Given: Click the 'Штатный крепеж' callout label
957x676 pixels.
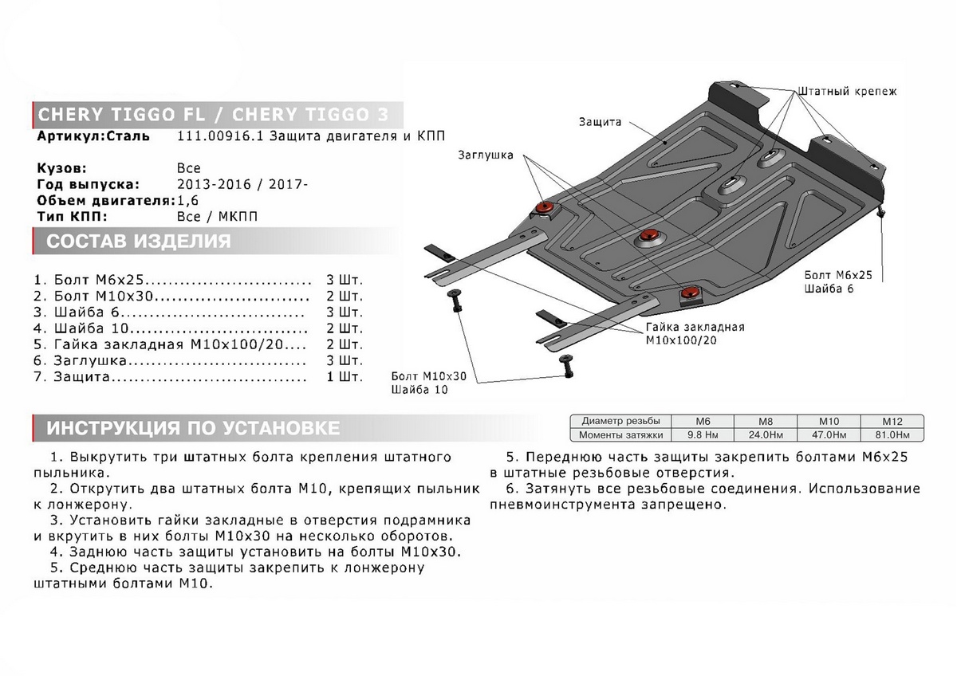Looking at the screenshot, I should [847, 92].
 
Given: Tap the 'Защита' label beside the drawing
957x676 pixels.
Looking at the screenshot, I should [601, 123].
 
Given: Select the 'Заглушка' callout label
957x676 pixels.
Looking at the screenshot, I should [486, 155].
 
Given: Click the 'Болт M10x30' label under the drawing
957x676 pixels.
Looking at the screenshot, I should [428, 376].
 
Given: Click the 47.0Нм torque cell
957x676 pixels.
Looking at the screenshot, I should [828, 434].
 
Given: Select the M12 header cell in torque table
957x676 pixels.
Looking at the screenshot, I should [892, 421].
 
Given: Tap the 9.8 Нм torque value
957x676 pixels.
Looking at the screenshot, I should [703, 434].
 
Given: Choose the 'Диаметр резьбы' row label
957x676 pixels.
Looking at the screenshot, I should [620, 421].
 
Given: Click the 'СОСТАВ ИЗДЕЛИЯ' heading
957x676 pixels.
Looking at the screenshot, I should [139, 242].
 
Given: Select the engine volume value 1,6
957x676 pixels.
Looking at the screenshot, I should [188, 200].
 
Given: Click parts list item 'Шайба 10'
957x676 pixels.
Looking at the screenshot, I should [87, 328].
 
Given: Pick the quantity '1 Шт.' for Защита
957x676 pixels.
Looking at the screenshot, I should [345, 376].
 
